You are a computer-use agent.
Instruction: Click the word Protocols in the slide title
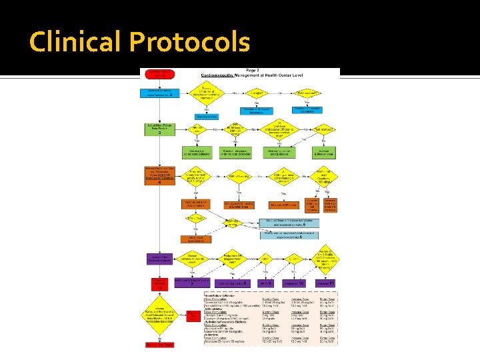189,42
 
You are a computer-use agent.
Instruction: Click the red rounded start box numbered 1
158,73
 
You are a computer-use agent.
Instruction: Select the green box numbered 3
159,128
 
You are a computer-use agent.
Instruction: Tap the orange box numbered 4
159,174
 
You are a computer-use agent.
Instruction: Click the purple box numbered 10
293,283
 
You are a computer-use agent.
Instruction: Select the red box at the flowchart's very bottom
158,343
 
